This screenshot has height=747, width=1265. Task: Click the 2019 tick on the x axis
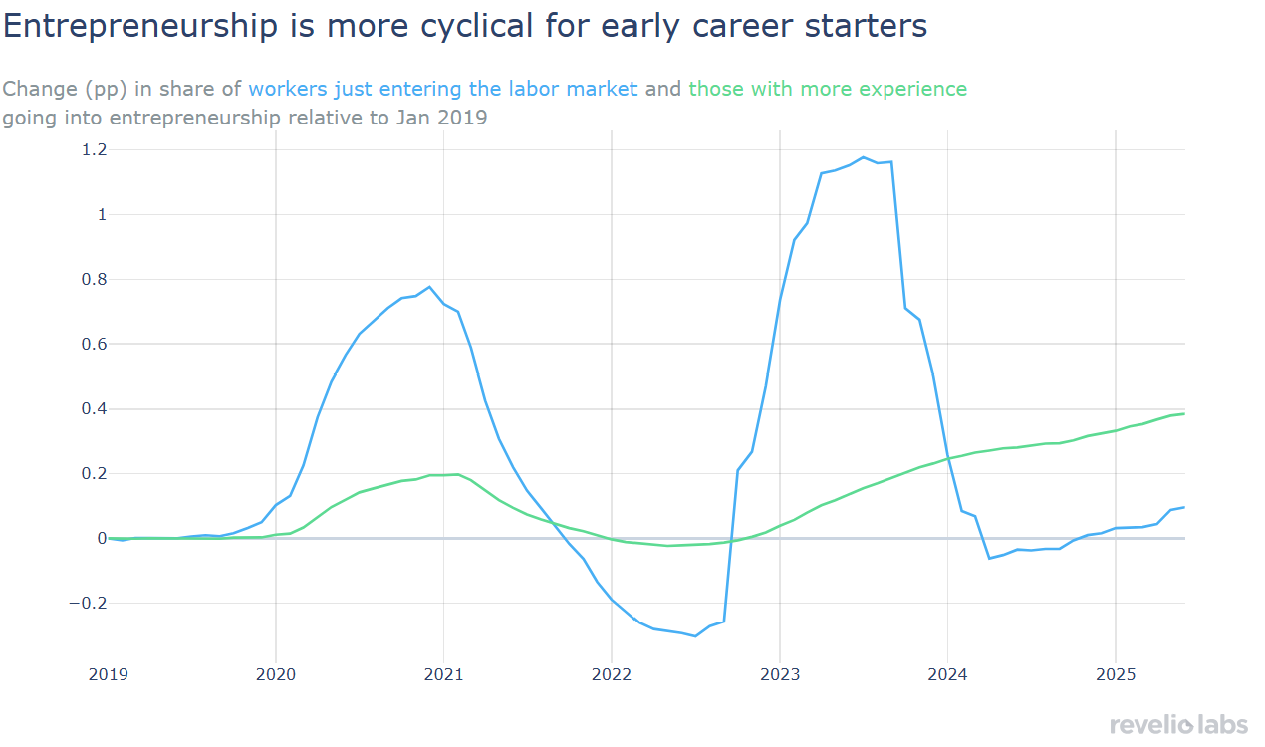pyautogui.click(x=108, y=674)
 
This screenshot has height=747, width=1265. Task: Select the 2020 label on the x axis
pyautogui.click(x=276, y=674)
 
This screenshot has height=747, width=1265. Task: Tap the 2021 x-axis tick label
pyautogui.click(x=443, y=674)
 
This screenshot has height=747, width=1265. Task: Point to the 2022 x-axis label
pyautogui.click(x=612, y=674)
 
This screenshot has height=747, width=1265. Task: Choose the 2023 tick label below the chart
pyautogui.click(x=780, y=674)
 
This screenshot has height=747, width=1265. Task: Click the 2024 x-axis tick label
pyautogui.click(x=947, y=674)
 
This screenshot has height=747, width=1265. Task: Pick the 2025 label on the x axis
pyautogui.click(x=1116, y=674)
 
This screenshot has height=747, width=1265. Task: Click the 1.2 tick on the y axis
pyautogui.click(x=94, y=149)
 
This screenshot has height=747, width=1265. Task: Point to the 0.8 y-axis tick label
pyautogui.click(x=94, y=279)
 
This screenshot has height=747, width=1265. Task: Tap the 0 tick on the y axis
pyautogui.click(x=102, y=538)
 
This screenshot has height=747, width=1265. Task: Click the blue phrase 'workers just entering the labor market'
pyautogui.click(x=443, y=89)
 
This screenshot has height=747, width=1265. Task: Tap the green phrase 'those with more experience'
pyautogui.click(x=828, y=89)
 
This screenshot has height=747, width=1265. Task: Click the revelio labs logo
pyautogui.click(x=1178, y=724)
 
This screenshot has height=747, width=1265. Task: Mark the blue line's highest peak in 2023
pyautogui.click(x=863, y=157)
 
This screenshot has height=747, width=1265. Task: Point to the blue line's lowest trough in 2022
pyautogui.click(x=694, y=635)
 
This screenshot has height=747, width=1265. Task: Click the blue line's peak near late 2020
pyautogui.click(x=429, y=287)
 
